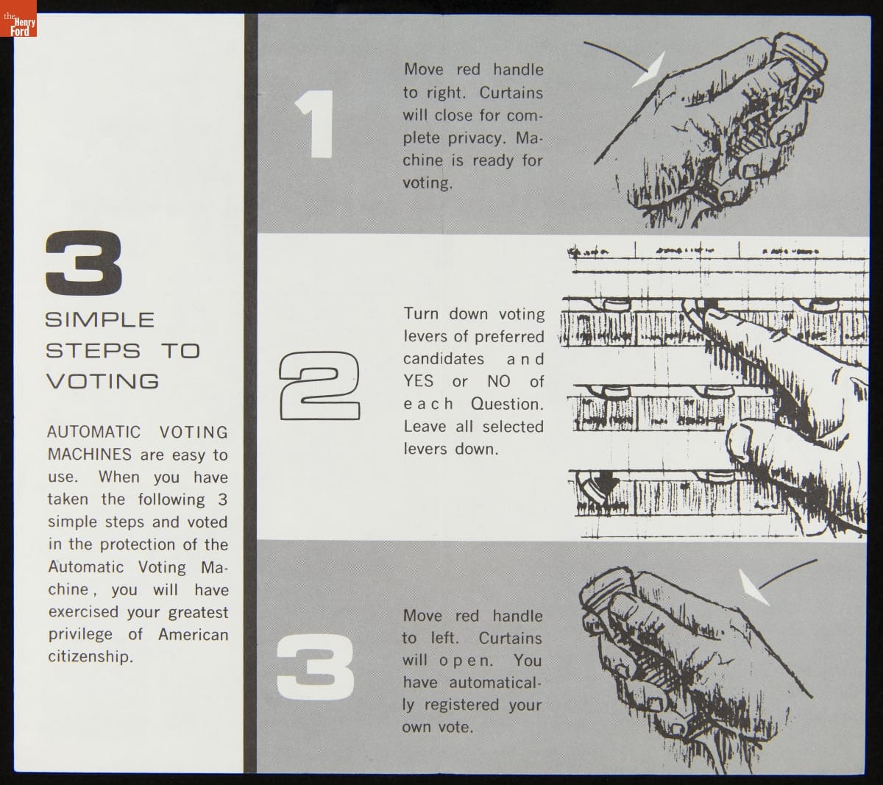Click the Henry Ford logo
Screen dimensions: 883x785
click(x=18, y=18)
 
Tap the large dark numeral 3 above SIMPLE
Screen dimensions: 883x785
click(x=84, y=263)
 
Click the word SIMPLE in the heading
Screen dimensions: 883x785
click(x=100, y=319)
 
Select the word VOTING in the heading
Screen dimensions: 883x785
click(x=103, y=381)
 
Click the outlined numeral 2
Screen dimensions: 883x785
click(x=319, y=386)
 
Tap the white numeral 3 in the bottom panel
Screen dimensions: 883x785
click(x=316, y=667)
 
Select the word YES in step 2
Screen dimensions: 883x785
click(x=419, y=381)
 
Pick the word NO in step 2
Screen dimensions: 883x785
click(x=499, y=381)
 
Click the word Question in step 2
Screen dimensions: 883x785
click(x=507, y=404)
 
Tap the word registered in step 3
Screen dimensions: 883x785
click(x=461, y=706)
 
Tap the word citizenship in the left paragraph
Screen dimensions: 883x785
click(x=91, y=657)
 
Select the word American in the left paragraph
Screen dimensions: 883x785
click(x=193, y=634)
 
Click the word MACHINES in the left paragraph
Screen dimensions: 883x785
click(x=89, y=455)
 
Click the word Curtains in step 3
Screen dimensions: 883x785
click(x=511, y=638)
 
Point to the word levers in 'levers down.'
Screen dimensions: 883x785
click(x=425, y=449)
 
